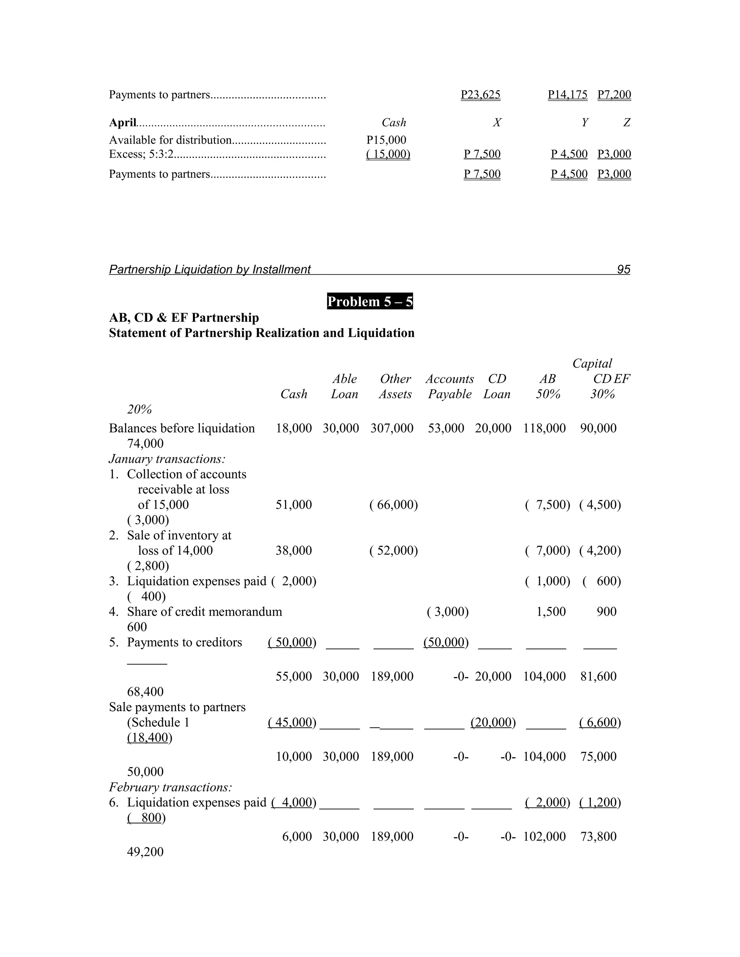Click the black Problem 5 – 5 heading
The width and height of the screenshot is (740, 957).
(x=370, y=302)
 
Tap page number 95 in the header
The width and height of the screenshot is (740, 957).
(x=623, y=269)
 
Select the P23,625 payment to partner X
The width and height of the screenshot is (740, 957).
(x=480, y=95)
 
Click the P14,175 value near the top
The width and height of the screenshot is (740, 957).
(x=567, y=95)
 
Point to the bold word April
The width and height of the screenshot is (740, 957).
(x=122, y=123)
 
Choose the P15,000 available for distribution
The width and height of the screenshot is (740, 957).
(x=386, y=140)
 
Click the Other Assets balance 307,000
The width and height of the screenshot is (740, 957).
(x=391, y=428)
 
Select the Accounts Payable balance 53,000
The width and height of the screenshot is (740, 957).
(x=446, y=428)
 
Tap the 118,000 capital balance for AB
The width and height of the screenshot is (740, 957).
(x=544, y=428)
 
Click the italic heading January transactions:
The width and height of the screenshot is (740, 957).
(x=167, y=459)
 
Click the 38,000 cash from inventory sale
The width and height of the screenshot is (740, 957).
(x=293, y=550)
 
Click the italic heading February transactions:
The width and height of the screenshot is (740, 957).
(x=170, y=787)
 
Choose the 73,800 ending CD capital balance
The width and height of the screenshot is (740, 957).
(x=598, y=836)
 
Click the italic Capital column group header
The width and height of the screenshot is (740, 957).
(x=592, y=363)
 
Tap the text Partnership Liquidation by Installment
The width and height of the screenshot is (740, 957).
(x=210, y=269)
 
